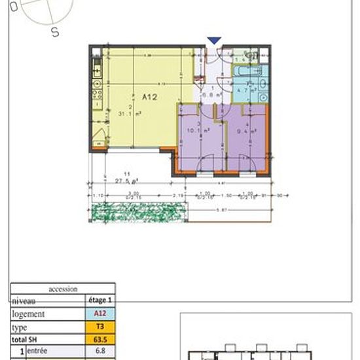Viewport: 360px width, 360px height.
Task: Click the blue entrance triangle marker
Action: click(x=214, y=41)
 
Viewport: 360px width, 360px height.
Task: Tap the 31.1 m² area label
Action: click(x=134, y=113)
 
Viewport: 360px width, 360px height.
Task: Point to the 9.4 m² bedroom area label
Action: click(x=246, y=130)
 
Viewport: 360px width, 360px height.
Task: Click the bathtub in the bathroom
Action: click(x=247, y=70)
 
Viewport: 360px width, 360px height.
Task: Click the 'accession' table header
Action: click(x=63, y=289)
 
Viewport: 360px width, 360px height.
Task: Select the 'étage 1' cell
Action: click(x=100, y=300)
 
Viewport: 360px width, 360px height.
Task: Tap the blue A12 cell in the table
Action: click(x=100, y=314)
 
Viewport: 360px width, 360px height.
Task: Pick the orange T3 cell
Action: click(x=100, y=326)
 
